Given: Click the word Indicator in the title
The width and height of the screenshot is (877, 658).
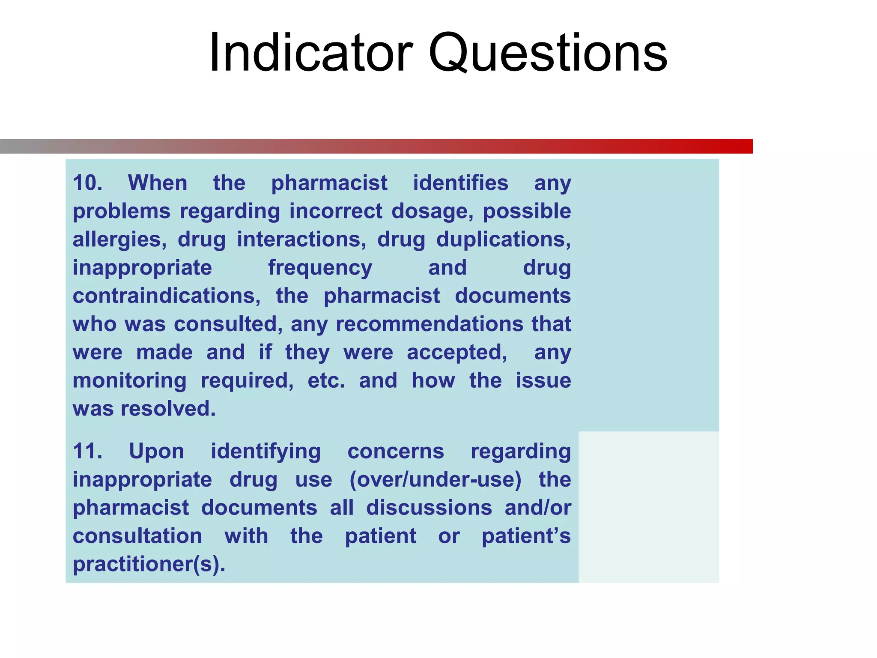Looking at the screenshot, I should (311, 53).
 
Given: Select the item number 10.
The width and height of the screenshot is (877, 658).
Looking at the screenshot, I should (87, 183).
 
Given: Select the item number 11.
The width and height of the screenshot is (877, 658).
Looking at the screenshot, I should (87, 451).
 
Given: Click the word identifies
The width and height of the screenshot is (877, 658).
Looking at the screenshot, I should (460, 183).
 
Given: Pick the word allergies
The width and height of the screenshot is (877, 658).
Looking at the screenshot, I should (119, 240).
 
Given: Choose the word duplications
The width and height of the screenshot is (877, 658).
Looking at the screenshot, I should (503, 239).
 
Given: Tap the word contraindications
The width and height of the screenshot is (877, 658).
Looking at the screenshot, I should (166, 296).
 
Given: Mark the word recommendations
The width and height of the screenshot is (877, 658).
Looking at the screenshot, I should (430, 324).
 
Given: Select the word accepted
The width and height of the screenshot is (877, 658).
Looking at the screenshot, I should (456, 353).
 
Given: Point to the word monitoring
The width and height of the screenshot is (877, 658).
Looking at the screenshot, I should (129, 381).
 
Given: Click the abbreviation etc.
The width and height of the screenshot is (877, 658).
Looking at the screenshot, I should (326, 381).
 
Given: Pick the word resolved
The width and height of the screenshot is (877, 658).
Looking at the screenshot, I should (168, 409).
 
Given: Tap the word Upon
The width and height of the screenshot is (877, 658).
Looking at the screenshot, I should (156, 451).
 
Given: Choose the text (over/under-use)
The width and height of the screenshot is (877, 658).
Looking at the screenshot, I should (435, 479).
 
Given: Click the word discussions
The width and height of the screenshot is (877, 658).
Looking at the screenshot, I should (429, 508).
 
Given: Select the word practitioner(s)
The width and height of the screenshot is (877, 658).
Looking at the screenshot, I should (149, 564).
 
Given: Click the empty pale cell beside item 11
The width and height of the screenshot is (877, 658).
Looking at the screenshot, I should (648, 507).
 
